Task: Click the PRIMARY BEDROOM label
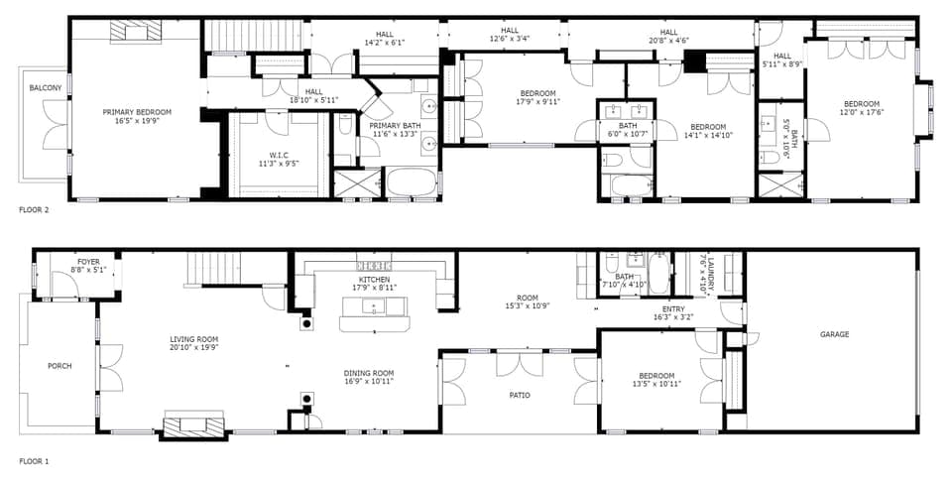point(137,112)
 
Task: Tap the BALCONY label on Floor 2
point(45,88)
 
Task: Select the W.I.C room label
point(278,155)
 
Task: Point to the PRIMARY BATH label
point(396,126)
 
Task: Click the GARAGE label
point(834,334)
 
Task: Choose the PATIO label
point(519,395)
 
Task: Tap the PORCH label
point(59,366)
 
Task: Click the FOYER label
point(89,262)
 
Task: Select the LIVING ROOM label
point(193,339)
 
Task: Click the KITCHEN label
point(375,280)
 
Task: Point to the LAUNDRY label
point(710,261)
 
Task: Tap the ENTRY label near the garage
point(673,308)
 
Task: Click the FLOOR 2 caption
point(34,210)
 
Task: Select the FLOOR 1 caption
point(34,461)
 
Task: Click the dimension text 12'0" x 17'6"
point(861,112)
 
